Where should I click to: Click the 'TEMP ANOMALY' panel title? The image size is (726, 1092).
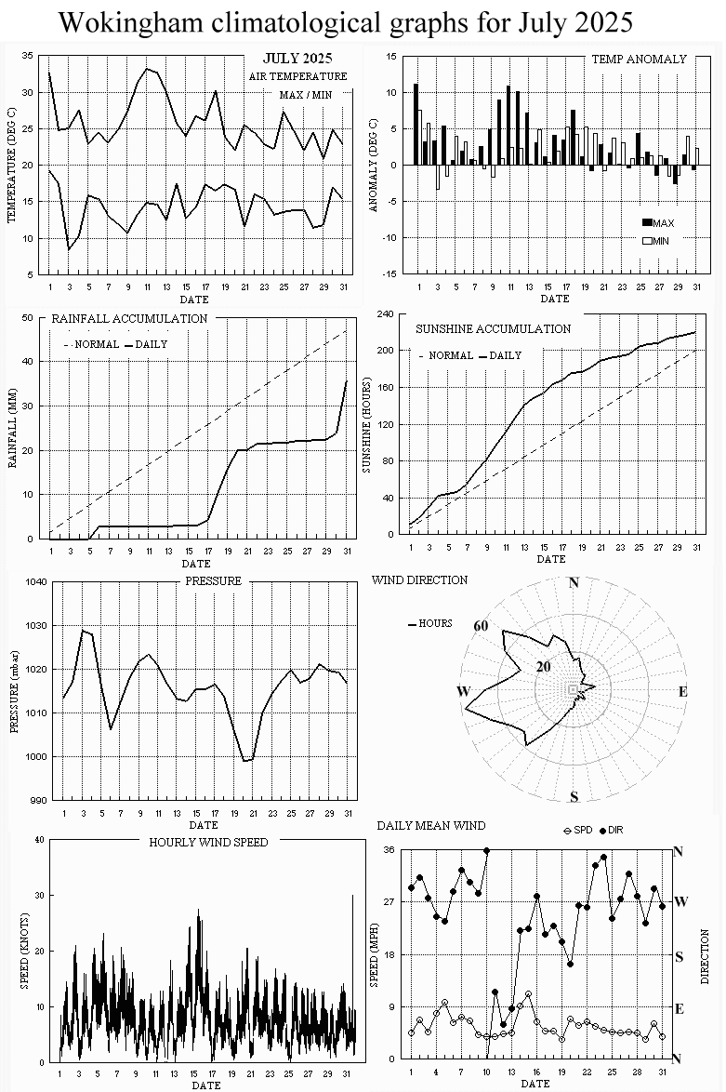[x=639, y=59]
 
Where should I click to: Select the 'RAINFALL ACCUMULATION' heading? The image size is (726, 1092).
[x=129, y=318]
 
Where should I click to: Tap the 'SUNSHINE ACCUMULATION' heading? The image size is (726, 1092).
[x=493, y=328]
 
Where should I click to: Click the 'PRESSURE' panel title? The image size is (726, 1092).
[x=213, y=580]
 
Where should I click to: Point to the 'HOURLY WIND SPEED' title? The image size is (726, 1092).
[x=208, y=842]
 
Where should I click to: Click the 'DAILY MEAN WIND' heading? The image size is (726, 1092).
[x=430, y=825]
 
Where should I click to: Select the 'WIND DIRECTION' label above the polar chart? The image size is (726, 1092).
[x=419, y=579]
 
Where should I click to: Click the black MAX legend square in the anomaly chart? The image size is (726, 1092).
[x=648, y=223]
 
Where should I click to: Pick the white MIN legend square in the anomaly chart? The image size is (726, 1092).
[x=648, y=241]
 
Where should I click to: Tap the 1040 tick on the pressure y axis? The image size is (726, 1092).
[x=34, y=582]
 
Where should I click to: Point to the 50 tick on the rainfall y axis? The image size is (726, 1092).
[x=40, y=318]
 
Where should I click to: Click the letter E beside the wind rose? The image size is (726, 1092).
[x=682, y=691]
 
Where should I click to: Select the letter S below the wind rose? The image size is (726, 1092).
[x=574, y=796]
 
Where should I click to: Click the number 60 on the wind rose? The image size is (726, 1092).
[x=481, y=626]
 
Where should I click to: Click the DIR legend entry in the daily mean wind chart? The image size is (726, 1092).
[x=618, y=829]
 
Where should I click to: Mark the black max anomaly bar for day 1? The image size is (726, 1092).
[x=416, y=125]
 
